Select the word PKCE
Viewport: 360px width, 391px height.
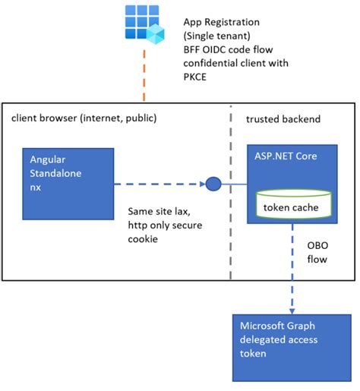coord(197,77)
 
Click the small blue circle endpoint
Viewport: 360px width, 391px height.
coord(213,183)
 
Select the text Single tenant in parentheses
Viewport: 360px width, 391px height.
coord(219,36)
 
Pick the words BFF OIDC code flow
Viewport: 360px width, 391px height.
coord(227,50)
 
